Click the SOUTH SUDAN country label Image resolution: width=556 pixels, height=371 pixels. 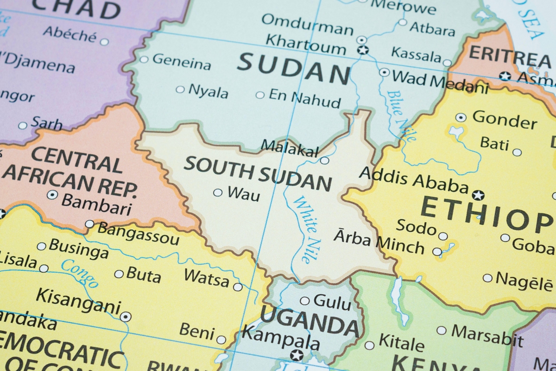click(258, 173)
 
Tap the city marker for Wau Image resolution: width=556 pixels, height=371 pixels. click(218, 192)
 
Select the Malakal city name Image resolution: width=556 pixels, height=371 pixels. click(290, 148)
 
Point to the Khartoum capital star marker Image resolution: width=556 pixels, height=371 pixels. click(363, 50)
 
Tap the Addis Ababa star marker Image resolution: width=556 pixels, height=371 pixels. click(478, 195)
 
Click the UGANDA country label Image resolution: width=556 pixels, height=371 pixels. click(310, 322)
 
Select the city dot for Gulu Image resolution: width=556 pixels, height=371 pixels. click(304, 301)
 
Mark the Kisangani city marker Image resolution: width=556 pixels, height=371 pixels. click(125, 317)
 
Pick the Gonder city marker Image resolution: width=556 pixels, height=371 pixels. click(461, 118)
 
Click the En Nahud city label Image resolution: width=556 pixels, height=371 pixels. click(305, 98)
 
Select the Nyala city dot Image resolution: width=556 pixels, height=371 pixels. click(180, 90)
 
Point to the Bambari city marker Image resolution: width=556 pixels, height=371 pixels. click(52, 195)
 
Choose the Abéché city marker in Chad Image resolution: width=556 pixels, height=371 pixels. click(104, 42)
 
